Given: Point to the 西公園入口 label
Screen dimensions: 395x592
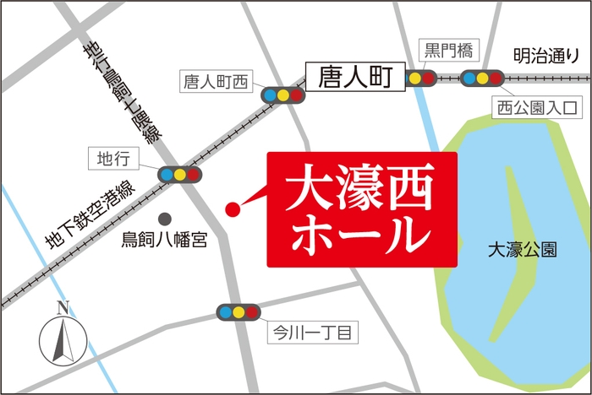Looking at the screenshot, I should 537,108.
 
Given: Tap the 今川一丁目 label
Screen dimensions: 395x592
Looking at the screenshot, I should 308,332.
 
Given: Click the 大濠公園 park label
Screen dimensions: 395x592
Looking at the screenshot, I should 522,251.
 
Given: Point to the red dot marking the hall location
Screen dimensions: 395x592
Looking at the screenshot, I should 231,208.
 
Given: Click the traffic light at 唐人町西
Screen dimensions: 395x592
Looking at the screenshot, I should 282,95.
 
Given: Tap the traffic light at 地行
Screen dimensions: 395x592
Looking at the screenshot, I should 180,175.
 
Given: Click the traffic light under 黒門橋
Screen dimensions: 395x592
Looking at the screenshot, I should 421,78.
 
